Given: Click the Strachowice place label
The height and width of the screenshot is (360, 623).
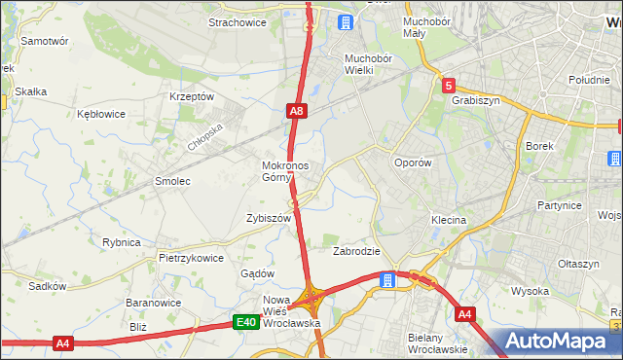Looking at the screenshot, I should (238, 22).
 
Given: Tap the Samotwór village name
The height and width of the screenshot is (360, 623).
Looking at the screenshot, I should (44, 42).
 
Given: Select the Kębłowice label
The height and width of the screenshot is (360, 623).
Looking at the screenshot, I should (101, 114).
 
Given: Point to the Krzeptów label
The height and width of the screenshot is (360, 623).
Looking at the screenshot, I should (191, 97).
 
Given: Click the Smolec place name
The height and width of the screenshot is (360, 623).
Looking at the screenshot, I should (172, 181).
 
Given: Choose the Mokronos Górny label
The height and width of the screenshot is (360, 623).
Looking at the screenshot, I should (285, 171).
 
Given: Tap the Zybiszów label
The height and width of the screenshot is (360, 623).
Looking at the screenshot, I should (269, 219).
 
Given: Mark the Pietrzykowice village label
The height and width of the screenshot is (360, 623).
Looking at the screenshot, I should (192, 259).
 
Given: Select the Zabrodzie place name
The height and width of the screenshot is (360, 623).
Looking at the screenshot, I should (356, 251).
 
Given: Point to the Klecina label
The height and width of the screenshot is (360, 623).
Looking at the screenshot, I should (449, 221).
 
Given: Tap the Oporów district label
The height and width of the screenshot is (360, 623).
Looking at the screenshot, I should (411, 163).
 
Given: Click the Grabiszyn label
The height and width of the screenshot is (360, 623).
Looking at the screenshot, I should (475, 99).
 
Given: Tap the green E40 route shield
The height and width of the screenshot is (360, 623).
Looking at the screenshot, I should (247, 322).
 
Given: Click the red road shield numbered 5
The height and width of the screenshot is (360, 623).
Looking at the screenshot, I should (448, 85).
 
